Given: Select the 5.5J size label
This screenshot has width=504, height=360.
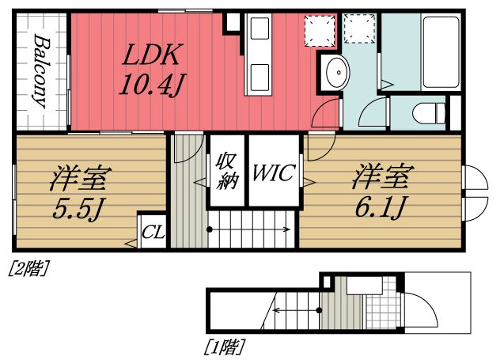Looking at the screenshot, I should tap(79, 211).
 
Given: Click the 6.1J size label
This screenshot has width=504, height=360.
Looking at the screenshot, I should tap(381, 208).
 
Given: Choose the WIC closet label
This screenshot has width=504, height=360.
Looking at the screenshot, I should tap(273, 173).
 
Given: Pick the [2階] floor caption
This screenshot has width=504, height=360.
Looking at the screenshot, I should tap(28, 268).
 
